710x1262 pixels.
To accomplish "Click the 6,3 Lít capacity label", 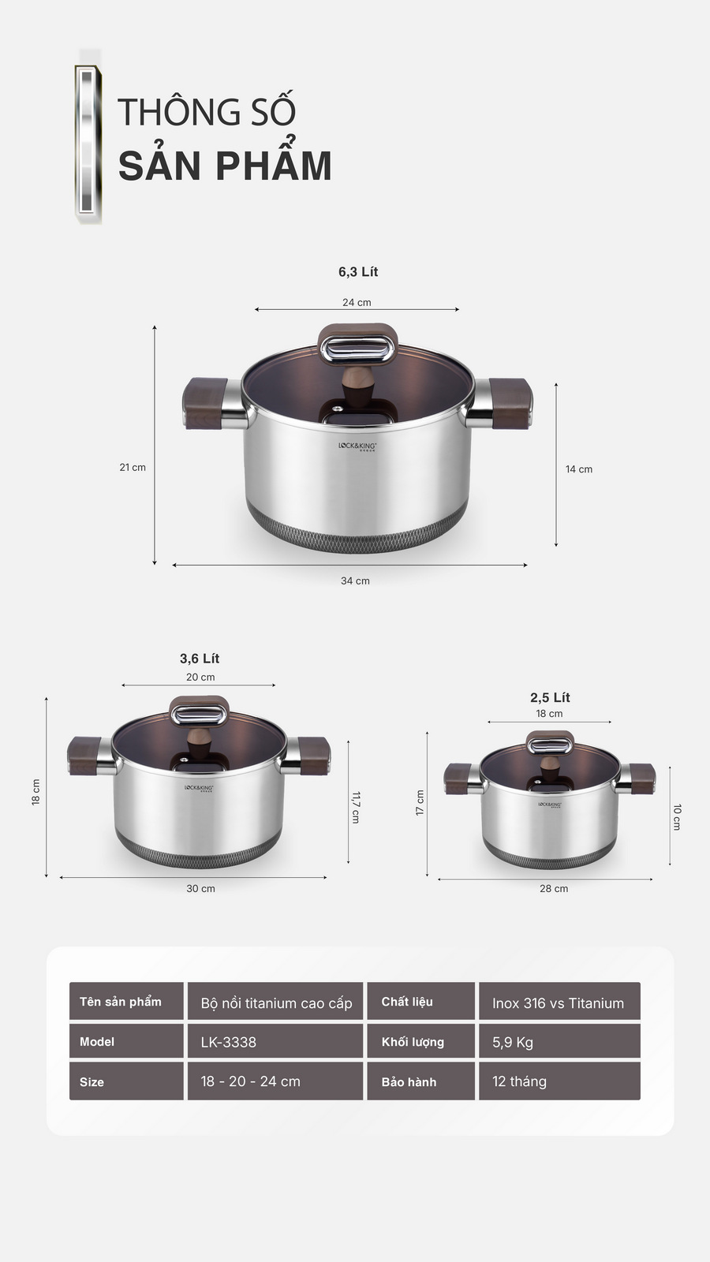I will click(358, 272).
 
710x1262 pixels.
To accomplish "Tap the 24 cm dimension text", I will click(357, 302).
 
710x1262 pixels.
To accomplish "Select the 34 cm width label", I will click(355, 581).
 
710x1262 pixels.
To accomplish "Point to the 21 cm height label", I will click(133, 468).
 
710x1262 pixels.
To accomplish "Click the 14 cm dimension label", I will click(578, 469).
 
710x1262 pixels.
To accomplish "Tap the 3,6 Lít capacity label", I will click(200, 659).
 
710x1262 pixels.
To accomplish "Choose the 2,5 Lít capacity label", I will click(550, 697).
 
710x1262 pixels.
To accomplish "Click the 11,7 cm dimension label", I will click(355, 807).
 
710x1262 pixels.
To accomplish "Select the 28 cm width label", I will click(554, 889).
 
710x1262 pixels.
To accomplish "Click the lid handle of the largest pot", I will click(357, 346).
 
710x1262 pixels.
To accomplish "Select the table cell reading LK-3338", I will click(275, 1042).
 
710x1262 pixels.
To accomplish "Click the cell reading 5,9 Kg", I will click(559, 1042).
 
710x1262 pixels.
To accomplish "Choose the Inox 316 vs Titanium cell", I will click(559, 1003).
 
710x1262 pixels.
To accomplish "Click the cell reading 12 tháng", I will click(559, 1081).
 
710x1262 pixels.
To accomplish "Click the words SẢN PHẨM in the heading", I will click(225, 166).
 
